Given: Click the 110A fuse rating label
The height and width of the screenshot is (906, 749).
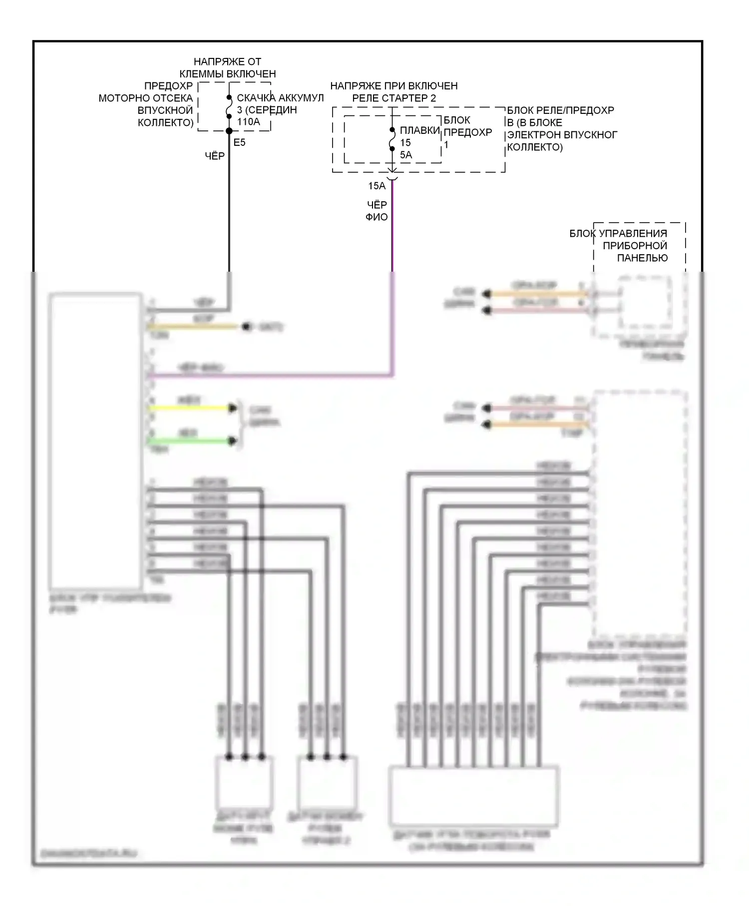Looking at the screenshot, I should click(248, 121).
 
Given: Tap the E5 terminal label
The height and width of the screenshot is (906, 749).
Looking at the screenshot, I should click(240, 142).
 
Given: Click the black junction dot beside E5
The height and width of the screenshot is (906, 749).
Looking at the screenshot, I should click(229, 131).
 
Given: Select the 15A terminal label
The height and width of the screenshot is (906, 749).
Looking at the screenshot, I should click(376, 186).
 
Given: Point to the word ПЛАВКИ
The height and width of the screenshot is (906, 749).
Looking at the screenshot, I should click(419, 130).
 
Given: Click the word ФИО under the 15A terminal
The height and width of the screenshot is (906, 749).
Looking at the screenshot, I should click(376, 217).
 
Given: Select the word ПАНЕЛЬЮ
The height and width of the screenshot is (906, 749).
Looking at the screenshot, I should click(642, 258).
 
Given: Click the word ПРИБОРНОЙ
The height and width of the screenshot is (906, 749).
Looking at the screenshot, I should click(635, 245).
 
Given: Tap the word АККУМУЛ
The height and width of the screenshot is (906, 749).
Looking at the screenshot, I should click(301, 98).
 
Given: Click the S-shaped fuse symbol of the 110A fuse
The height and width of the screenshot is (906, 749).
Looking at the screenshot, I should click(229, 107).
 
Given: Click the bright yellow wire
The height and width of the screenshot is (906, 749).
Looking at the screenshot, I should click(190, 408).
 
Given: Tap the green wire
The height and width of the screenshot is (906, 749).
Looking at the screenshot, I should click(190, 441).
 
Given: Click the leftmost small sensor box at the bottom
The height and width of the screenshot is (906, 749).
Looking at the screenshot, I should click(244, 783).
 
